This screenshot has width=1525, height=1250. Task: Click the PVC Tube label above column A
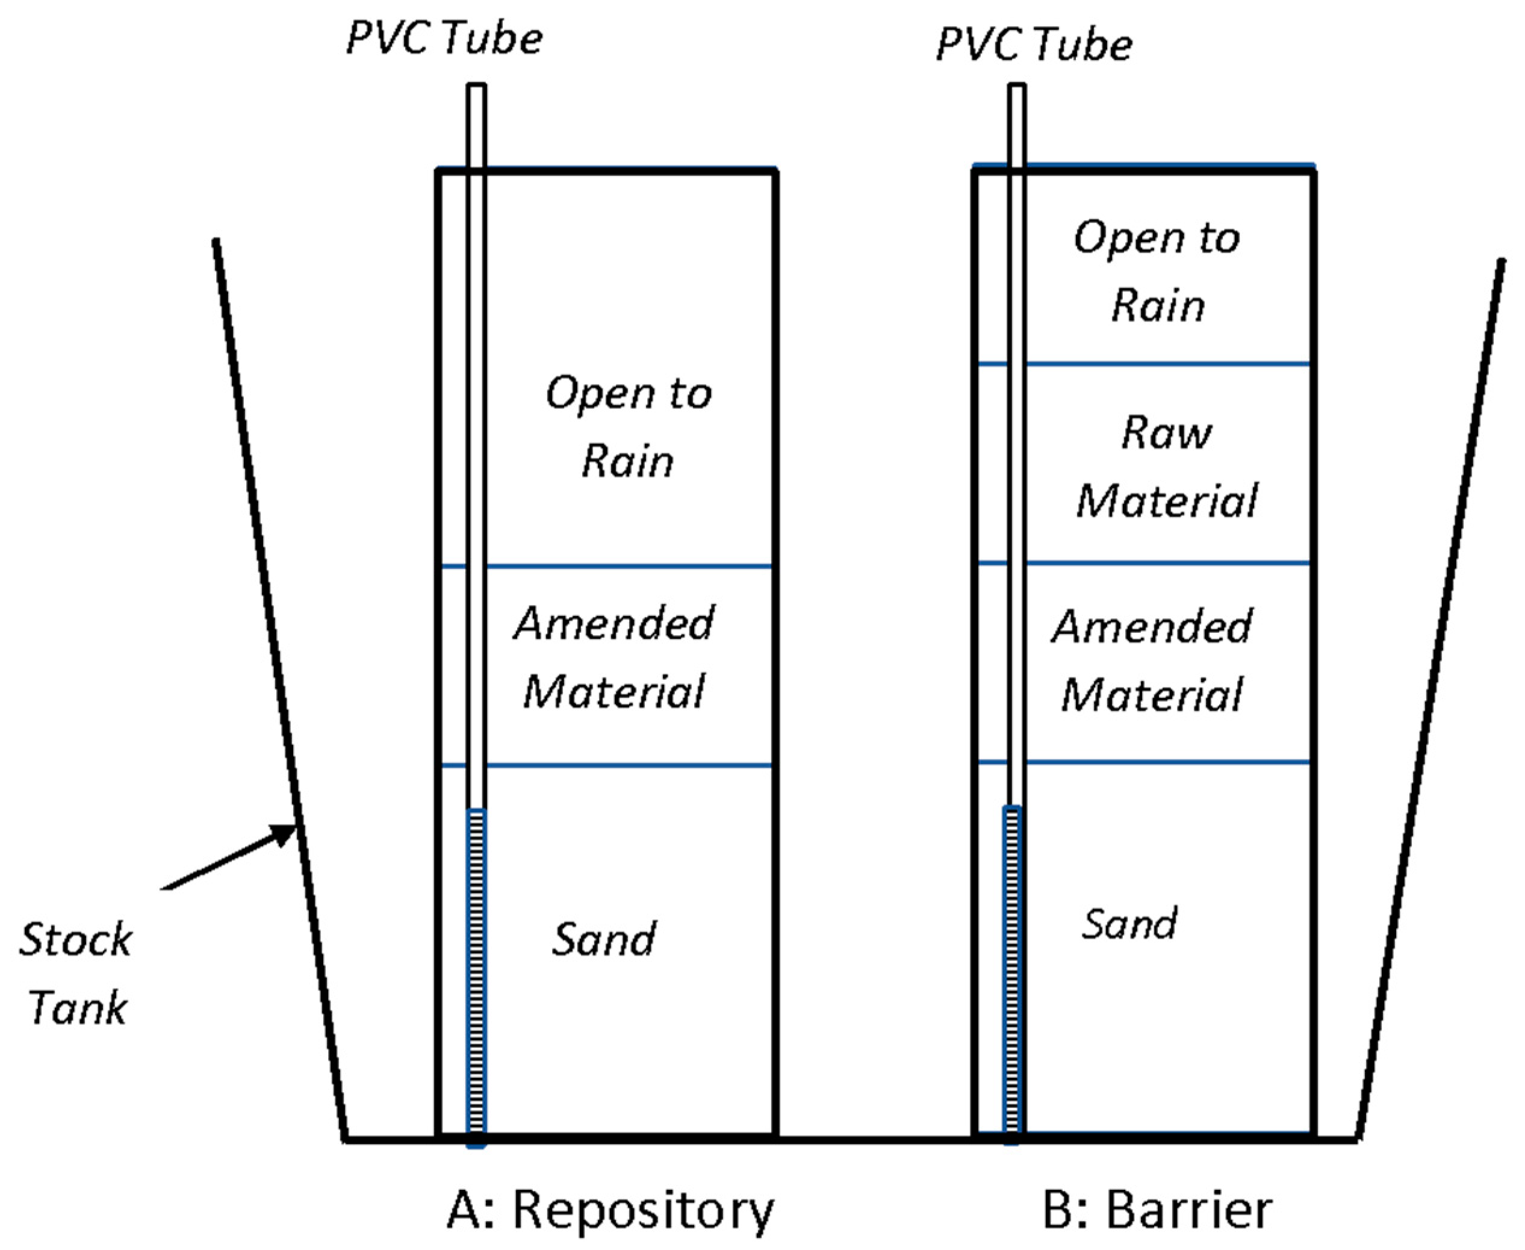444,37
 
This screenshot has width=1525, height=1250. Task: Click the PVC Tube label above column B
1034,45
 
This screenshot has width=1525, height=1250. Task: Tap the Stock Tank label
76,973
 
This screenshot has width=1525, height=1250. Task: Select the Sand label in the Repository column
603,939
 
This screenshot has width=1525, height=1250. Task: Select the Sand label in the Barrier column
1128,924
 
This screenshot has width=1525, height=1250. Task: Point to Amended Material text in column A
613,657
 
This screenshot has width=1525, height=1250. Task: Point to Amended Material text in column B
1152,661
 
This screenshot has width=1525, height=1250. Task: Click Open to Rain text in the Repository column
628,426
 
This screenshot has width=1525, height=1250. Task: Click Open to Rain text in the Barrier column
1157,271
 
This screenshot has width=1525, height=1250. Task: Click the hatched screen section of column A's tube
477,972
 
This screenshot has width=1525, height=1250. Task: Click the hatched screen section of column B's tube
1012,972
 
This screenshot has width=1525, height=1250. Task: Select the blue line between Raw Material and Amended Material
1166,562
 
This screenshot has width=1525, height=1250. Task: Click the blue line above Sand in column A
626,765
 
